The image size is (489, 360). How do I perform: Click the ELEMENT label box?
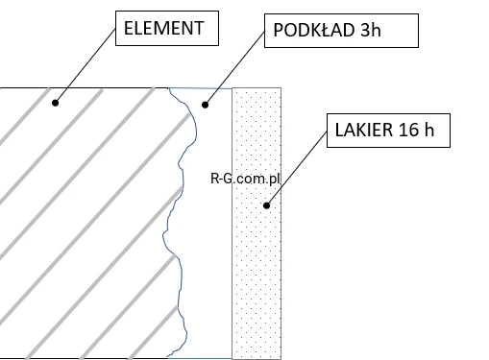tap(167, 28)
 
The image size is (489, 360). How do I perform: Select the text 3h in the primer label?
tap(371, 30)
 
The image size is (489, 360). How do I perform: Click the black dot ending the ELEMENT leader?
tap(55, 103)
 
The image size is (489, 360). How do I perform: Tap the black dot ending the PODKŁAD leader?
tap(205, 105)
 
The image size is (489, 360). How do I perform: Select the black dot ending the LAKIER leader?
tap(266, 205)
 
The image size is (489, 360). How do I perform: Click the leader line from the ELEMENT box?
tap(86, 66)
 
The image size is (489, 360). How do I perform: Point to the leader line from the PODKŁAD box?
tap(234, 67)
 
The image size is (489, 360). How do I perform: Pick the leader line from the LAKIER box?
tap(297, 168)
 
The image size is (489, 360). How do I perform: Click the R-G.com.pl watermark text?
tap(245, 179)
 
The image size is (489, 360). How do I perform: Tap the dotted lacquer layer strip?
tap(257, 224)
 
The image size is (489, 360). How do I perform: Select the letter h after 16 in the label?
tap(428, 130)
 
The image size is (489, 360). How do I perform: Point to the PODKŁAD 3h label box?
tap(341, 31)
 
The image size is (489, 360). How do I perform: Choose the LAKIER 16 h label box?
tap(388, 131)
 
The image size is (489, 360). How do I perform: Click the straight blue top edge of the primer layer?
tap(201, 88)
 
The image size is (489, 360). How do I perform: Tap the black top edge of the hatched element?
tap(85, 87)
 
